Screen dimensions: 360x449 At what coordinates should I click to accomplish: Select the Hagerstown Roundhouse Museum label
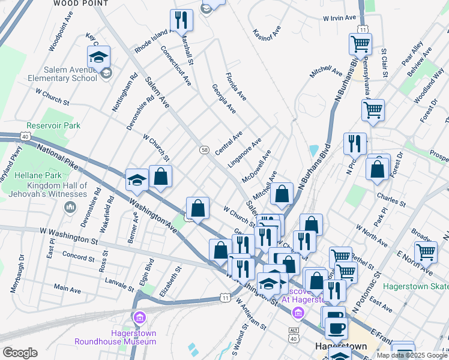coord(115,337)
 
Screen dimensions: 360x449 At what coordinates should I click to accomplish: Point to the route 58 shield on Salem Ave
coord(205,150)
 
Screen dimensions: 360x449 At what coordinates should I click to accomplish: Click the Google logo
coord(20,353)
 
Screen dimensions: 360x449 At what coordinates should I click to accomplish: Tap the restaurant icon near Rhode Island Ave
coord(181,20)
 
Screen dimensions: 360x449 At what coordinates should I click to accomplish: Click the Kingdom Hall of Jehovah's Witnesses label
coord(57,190)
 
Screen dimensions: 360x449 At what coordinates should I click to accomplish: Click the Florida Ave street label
coord(236,86)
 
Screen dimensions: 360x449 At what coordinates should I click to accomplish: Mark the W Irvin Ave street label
coord(340,18)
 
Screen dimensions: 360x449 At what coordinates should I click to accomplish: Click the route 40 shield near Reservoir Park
coord(26,136)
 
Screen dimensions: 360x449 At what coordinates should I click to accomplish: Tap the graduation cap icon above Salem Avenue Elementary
coord(98,57)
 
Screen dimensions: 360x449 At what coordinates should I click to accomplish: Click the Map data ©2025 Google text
coord(412,355)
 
